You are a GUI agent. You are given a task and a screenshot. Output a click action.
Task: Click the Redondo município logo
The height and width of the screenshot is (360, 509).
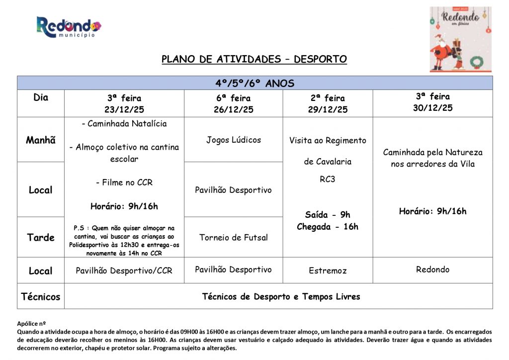click(68, 27)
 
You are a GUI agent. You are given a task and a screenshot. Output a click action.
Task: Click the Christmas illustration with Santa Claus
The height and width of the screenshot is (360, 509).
click(460, 39)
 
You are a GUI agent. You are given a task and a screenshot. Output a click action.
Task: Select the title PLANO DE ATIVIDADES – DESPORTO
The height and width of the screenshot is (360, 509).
click(254, 59)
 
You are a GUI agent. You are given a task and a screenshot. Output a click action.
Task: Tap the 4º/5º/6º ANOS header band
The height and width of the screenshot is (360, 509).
click(254, 83)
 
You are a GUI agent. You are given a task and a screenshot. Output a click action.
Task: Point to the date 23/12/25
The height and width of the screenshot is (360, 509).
click(124, 109)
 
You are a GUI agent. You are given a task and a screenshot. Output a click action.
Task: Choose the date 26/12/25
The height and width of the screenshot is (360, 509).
click(234, 109)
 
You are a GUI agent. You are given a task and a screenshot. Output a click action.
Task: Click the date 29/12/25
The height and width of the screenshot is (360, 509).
click(328, 109)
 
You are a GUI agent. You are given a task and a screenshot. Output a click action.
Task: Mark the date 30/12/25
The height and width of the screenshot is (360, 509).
click(432, 108)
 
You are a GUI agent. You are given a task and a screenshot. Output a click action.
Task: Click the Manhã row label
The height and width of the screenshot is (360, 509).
click(41, 140)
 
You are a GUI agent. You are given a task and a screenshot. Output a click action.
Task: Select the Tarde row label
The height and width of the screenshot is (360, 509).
click(41, 237)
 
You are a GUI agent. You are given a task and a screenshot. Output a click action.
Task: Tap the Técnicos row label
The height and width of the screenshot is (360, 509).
click(41, 297)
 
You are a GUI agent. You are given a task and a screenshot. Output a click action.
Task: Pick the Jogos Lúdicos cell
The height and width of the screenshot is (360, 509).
click(234, 140)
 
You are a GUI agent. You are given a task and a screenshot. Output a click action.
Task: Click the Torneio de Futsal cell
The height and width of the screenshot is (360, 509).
click(234, 237)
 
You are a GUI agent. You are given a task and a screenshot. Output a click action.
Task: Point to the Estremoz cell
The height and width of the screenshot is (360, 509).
click(328, 271)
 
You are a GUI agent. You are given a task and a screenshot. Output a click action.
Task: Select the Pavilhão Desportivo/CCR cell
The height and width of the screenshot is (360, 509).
click(124, 271)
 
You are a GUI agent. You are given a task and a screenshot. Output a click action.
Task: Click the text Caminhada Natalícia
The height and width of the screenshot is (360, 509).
click(124, 123)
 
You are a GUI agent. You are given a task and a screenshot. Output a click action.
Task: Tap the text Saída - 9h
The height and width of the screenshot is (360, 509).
click(328, 215)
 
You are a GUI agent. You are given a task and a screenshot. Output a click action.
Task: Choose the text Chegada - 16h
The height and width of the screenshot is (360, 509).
click(328, 227)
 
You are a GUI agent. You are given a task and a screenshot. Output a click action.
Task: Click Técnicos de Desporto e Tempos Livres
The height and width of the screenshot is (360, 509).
click(281, 297)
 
